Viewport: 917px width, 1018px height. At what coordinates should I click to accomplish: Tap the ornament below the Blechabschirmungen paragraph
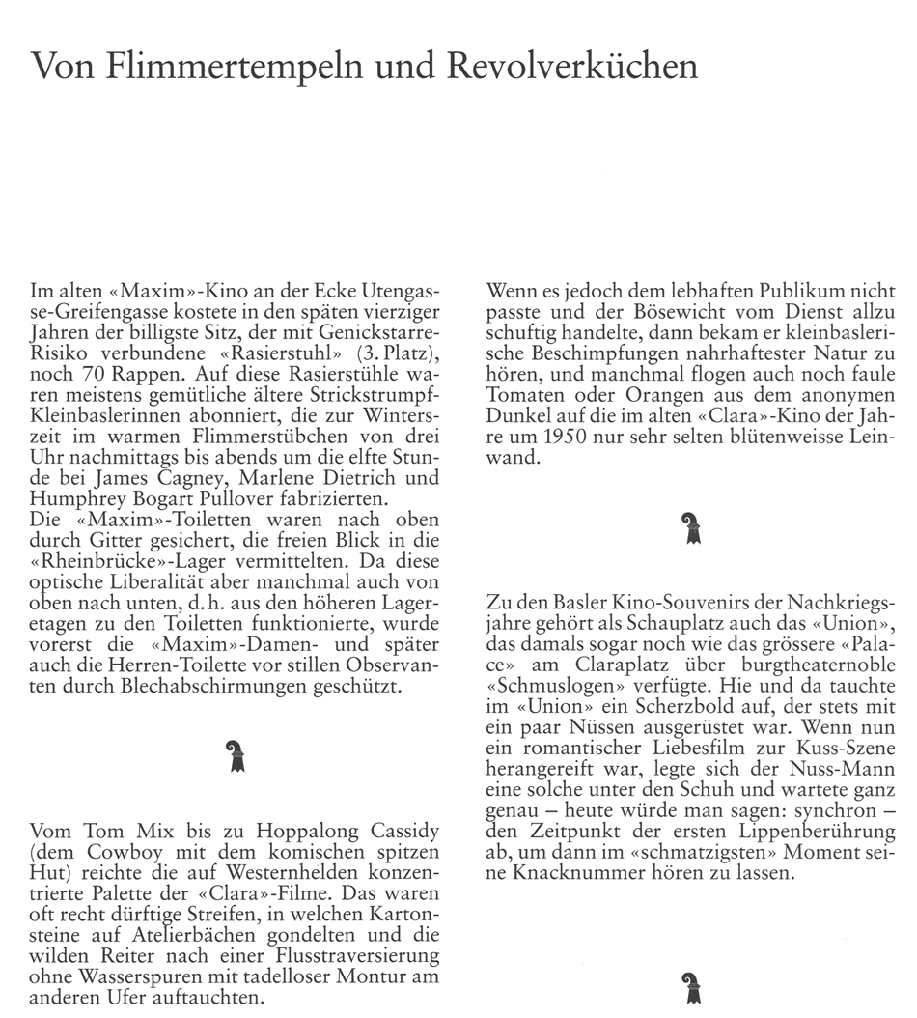[236, 755]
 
